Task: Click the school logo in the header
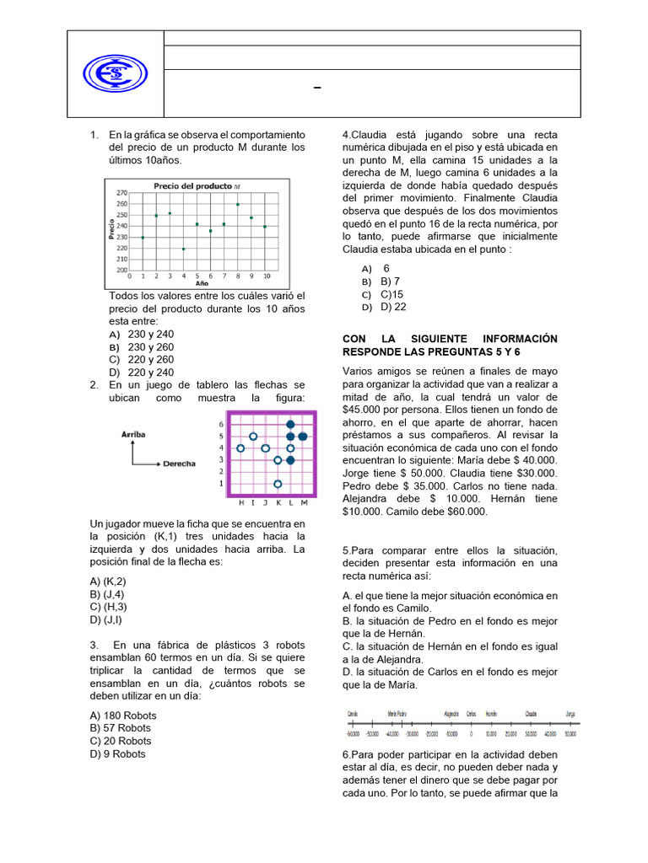coord(116,73)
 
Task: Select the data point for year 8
coord(238,204)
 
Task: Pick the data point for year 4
coord(184,249)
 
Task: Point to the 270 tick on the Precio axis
coord(121,193)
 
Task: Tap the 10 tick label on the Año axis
coord(266,276)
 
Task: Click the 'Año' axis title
coord(202,284)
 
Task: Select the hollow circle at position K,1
coord(278,484)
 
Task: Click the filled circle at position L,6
coord(291,424)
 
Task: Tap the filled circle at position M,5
coord(303,437)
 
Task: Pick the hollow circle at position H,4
coord(240,448)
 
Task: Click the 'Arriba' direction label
coord(133,434)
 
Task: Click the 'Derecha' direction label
coord(179,464)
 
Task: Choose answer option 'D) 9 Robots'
coord(117,753)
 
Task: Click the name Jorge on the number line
coord(570,713)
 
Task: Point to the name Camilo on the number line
coord(354,713)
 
